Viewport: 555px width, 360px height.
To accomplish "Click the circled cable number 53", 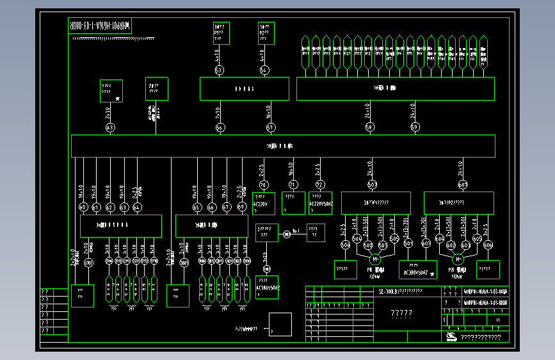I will pyautogui.click(x=219, y=70).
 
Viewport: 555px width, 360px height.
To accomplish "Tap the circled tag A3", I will pyautogui.click(x=110, y=128).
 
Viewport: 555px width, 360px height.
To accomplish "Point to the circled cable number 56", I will pyautogui.click(x=220, y=128).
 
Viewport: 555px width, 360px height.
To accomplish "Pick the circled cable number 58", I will pyautogui.click(x=369, y=127).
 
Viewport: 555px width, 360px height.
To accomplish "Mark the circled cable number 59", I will pyautogui.click(x=415, y=127).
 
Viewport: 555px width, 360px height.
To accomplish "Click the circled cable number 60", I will pyautogui.click(x=83, y=207).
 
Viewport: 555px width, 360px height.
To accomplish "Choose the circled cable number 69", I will pyautogui.click(x=241, y=207).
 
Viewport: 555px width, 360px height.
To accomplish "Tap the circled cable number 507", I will pyautogui.click(x=372, y=184).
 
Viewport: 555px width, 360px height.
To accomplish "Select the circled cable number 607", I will pyautogui.click(x=463, y=184).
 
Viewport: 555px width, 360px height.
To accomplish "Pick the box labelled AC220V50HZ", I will pyautogui.click(x=320, y=202).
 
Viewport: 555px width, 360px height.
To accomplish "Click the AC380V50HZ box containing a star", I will pyautogui.click(x=417, y=270).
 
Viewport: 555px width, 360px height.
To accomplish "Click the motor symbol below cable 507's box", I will pyautogui.click(x=374, y=259).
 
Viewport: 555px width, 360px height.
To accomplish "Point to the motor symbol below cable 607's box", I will pyautogui.click(x=458, y=259).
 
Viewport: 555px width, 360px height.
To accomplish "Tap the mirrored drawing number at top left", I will pyautogui.click(x=99, y=26).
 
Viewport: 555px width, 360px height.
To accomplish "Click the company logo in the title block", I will pyautogui.click(x=451, y=337).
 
